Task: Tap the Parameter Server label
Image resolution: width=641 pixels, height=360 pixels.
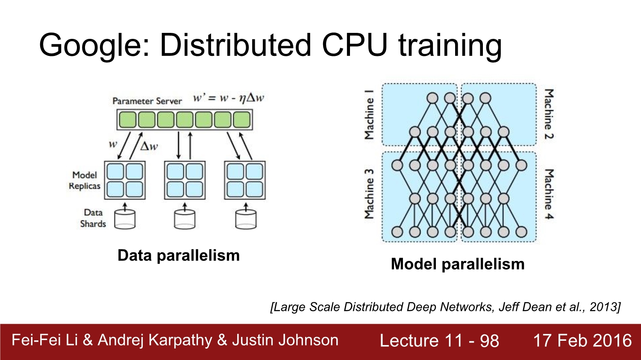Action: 147,101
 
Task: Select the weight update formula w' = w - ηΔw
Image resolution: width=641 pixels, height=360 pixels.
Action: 229,98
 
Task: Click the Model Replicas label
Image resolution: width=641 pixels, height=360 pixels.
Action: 85,181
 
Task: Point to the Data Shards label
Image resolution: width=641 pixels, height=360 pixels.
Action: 93,218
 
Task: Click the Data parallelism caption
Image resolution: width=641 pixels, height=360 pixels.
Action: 179,255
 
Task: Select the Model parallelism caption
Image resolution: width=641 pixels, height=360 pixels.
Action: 458,264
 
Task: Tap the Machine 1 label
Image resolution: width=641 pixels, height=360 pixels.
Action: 369,114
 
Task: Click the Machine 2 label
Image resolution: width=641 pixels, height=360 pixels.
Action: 549,114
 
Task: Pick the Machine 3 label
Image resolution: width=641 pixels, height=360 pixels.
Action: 369,194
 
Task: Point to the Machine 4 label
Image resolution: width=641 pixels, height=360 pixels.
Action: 549,194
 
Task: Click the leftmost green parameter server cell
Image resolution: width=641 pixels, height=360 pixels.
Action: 127,120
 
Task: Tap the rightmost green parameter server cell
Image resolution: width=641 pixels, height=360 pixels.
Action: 241,120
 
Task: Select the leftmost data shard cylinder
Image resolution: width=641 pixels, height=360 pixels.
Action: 125,219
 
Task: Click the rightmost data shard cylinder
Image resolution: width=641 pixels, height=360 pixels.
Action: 246,219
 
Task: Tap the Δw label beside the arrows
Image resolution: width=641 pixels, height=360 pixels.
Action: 149,146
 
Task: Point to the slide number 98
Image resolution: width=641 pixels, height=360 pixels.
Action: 489,341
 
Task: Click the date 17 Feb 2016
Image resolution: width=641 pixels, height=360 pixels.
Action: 582,340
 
